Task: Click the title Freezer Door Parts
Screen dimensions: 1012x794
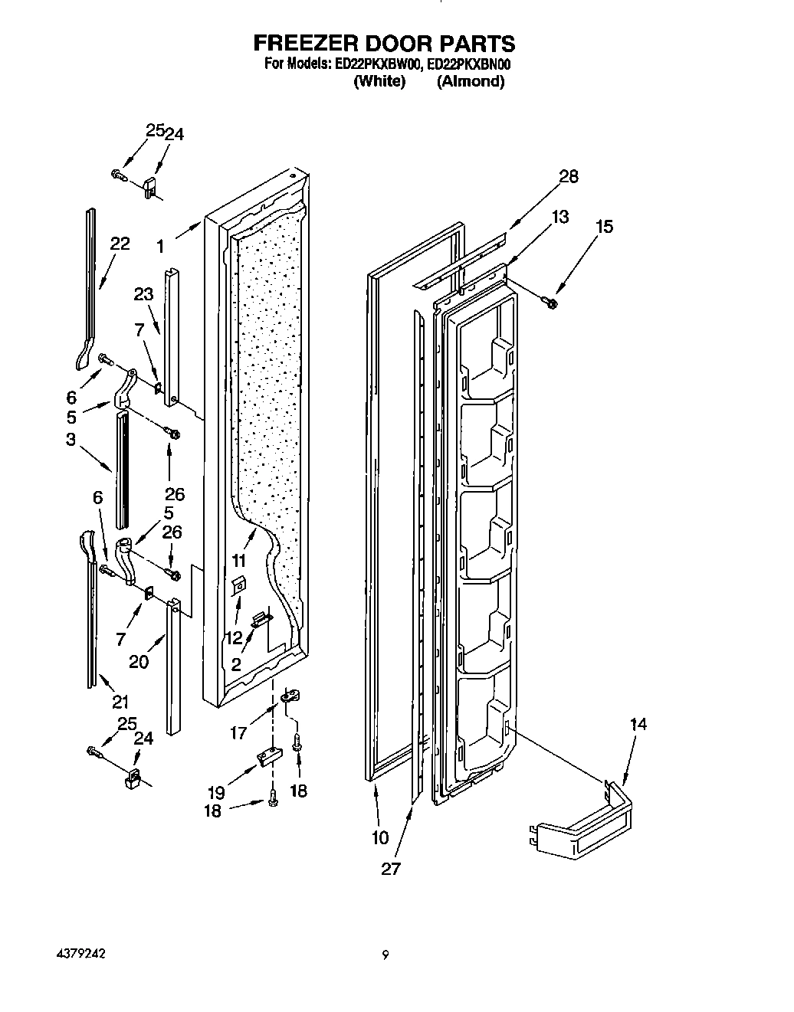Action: coord(385,44)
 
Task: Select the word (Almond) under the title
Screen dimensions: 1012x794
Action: coord(470,81)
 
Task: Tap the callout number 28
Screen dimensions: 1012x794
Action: coord(568,177)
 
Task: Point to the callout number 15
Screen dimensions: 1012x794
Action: coord(604,227)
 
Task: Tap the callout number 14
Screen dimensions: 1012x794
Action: coord(637,724)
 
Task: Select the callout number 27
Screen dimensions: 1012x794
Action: coord(391,870)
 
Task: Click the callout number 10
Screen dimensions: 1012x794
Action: coord(380,838)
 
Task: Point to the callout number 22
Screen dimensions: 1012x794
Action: coord(120,244)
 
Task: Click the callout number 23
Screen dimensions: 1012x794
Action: coord(144,294)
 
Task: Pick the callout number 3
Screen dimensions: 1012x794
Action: coord(70,439)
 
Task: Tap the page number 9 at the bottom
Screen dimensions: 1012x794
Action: coord(386,955)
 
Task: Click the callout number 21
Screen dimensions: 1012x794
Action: coord(120,701)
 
